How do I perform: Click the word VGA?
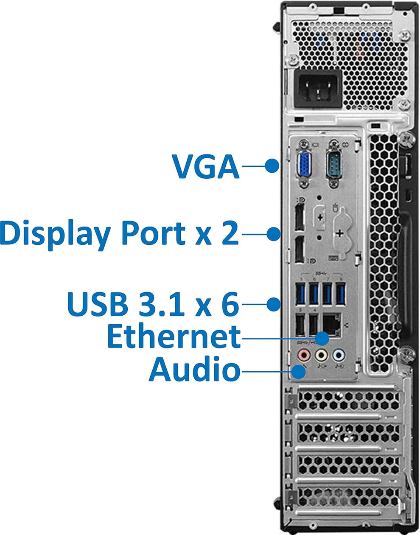pyautogui.click(x=206, y=166)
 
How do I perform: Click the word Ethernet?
pyautogui.click(x=174, y=337)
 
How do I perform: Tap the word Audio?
pyautogui.click(x=194, y=369)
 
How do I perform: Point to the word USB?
pyautogui.click(x=98, y=304)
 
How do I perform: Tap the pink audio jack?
pyautogui.click(x=304, y=354)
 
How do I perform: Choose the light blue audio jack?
pyautogui.click(x=338, y=354)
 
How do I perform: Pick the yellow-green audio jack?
pyautogui.click(x=321, y=354)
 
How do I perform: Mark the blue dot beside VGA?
pyautogui.click(x=272, y=165)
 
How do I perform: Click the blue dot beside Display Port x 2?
pyautogui.click(x=274, y=233)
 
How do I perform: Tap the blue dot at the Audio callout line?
pyautogui.click(x=300, y=372)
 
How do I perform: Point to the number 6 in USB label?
pyautogui.click(x=230, y=304)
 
